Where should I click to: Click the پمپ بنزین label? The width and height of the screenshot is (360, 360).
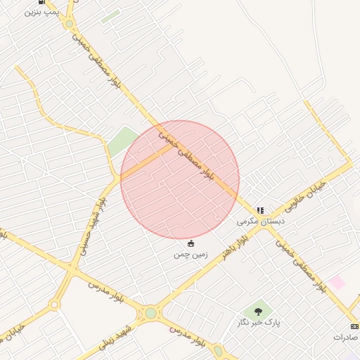(39, 12)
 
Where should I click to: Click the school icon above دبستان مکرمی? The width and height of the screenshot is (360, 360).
(260, 210)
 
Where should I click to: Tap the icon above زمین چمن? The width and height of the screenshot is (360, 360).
(191, 243)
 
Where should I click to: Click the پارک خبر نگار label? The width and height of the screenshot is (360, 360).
(258, 322)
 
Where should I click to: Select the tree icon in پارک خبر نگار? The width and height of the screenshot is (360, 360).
(258, 310)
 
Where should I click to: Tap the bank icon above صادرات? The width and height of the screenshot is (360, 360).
(354, 326)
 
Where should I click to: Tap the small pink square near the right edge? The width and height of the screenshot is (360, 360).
(337, 283)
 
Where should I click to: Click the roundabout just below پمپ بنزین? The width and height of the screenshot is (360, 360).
(69, 24)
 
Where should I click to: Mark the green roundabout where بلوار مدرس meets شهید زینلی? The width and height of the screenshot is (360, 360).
(150, 312)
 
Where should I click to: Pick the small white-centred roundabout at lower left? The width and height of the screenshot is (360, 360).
(53, 305)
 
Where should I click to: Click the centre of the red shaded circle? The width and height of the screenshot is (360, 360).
(180, 180)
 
